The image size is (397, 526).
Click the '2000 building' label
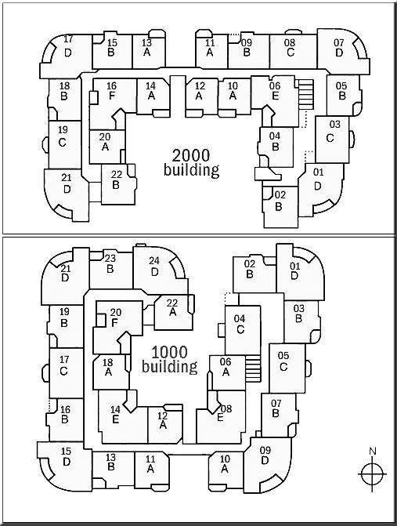pos(191,162)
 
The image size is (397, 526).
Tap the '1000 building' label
pos(169,359)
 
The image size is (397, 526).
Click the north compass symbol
pos(372,474)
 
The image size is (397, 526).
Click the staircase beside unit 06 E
pos(305,94)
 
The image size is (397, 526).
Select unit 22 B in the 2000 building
pos(118,184)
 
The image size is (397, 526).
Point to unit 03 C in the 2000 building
pos(332,139)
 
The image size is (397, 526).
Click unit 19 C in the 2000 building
pos(64,144)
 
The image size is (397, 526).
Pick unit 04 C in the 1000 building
pos(242,330)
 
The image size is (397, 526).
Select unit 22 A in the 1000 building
pos(173,312)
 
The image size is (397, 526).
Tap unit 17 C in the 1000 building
pos(66,372)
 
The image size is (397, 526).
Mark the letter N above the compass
pos(372,452)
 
